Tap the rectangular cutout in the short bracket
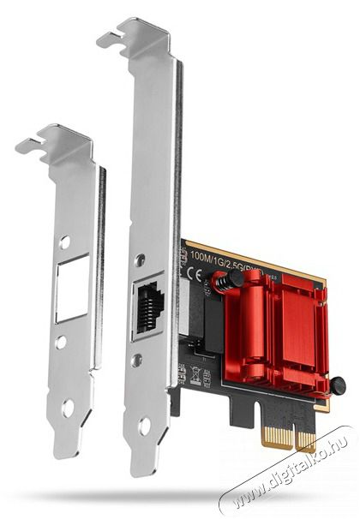[70, 290]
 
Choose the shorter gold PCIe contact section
[306, 445]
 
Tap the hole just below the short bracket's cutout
[60, 343]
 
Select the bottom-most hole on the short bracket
[68, 407]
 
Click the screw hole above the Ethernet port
[139, 259]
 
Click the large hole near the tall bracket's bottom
[145, 424]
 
